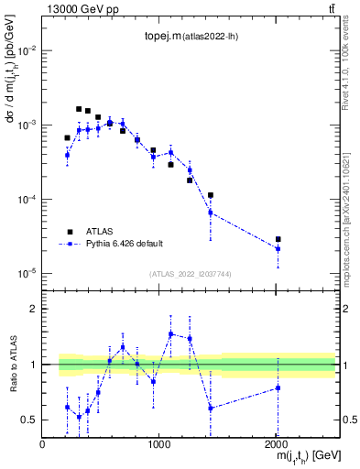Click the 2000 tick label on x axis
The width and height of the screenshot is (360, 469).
tap(277, 443)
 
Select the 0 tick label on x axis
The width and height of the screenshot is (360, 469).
tap(43, 443)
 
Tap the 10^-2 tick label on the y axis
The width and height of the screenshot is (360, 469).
tap(27, 50)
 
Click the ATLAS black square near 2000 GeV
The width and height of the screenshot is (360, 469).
tap(278, 239)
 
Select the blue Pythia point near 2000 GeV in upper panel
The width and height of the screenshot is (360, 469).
tap(278, 249)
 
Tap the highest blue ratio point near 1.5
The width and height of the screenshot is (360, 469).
tap(170, 333)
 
